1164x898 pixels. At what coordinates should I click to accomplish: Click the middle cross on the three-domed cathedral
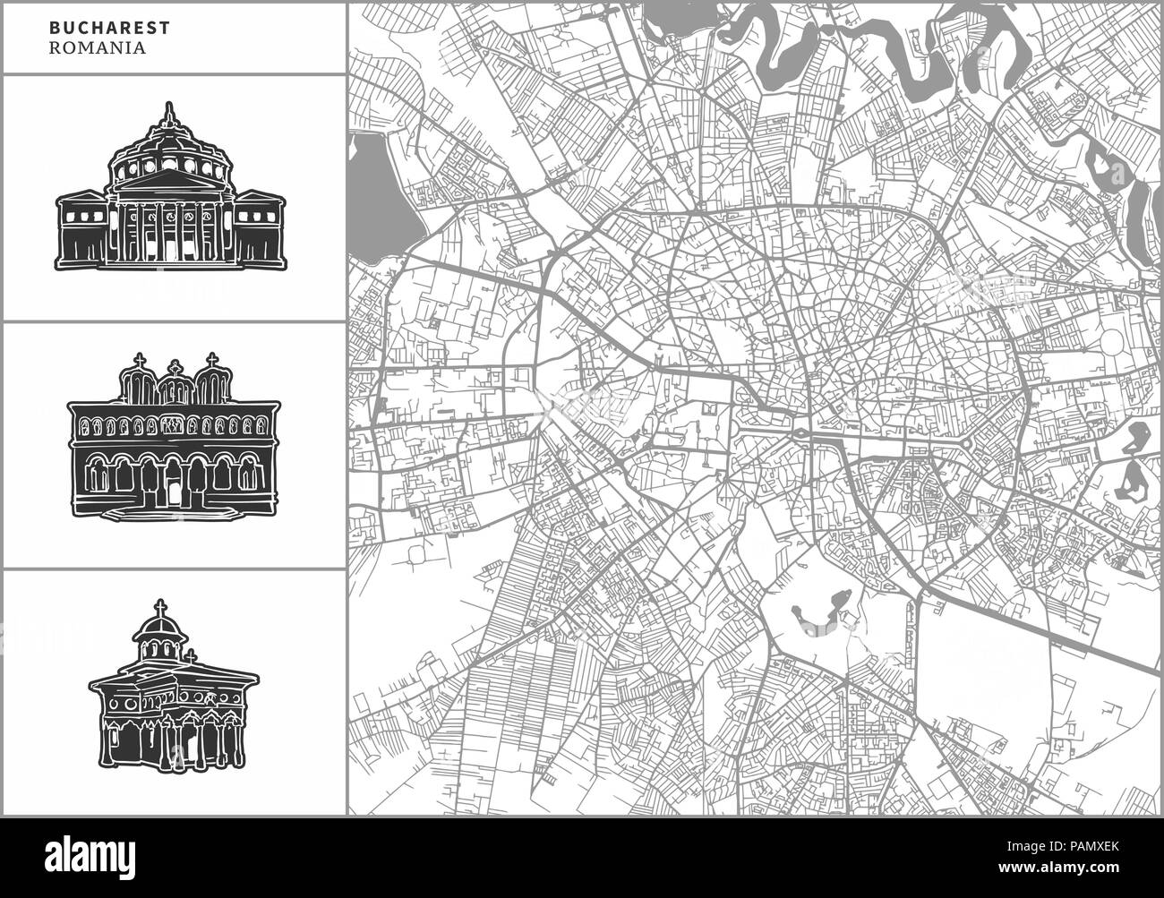tap(175, 370)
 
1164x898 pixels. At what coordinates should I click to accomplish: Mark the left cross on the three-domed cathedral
tap(138, 361)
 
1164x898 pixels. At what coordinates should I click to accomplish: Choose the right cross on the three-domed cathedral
tap(212, 361)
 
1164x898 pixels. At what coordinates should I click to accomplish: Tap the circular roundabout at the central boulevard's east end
tap(968, 442)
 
